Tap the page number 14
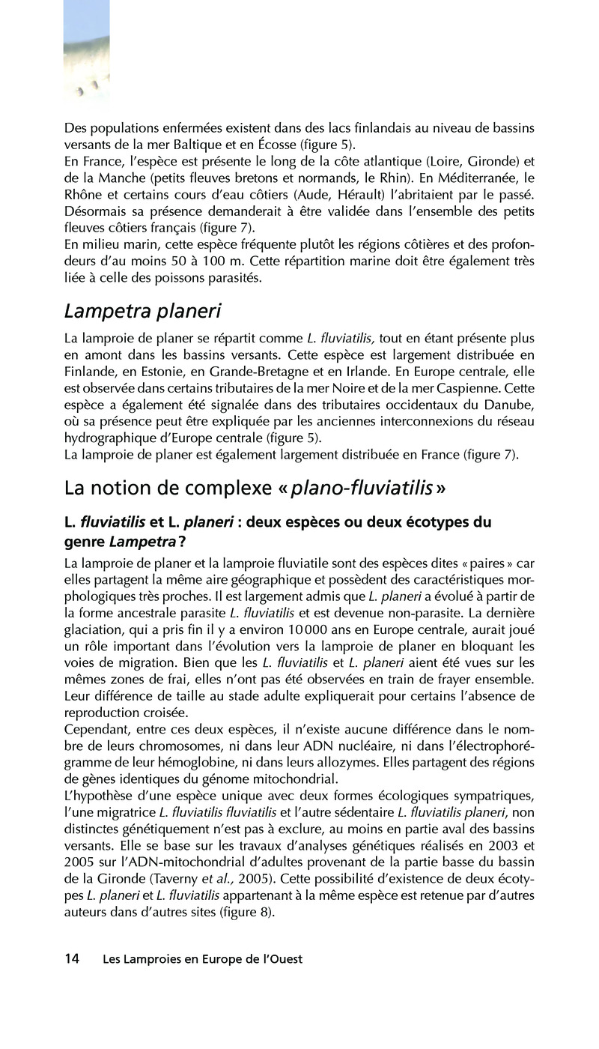tap(72, 958)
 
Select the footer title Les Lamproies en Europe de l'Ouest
tap(202, 959)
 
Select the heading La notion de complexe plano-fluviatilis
tap(255, 488)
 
